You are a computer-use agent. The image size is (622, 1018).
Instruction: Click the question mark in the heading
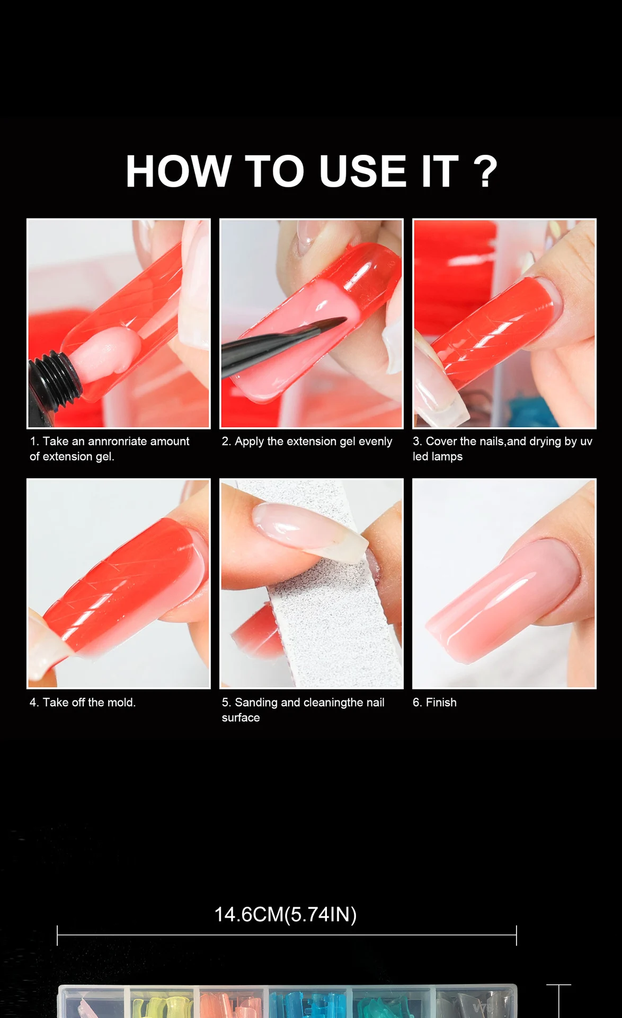[485, 171]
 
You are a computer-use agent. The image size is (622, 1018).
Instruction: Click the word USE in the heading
[363, 171]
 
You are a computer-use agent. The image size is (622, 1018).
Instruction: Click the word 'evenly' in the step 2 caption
[375, 442]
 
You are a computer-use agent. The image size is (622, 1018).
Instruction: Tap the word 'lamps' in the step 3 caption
[447, 457]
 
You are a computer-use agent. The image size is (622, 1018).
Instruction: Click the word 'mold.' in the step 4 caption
[121, 702]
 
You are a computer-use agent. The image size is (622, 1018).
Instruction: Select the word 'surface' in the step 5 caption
[241, 718]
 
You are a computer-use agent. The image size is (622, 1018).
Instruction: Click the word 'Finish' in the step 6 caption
[441, 702]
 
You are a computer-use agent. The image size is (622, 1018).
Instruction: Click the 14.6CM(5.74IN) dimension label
[286, 915]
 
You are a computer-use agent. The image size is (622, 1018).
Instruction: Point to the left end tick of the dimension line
[57, 935]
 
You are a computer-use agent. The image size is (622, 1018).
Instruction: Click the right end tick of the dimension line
[516, 935]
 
